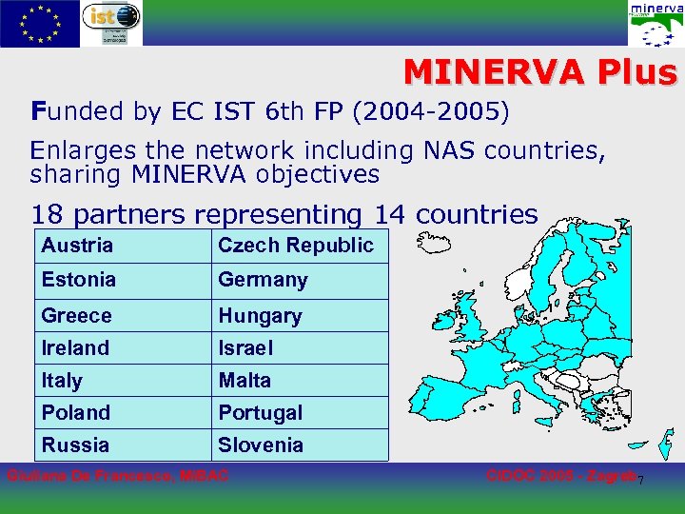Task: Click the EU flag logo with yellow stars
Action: click(40, 23)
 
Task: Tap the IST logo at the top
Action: click(111, 24)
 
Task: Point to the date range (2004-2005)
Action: click(431, 112)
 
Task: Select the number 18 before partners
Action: click(48, 215)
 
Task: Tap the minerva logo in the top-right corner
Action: click(656, 24)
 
